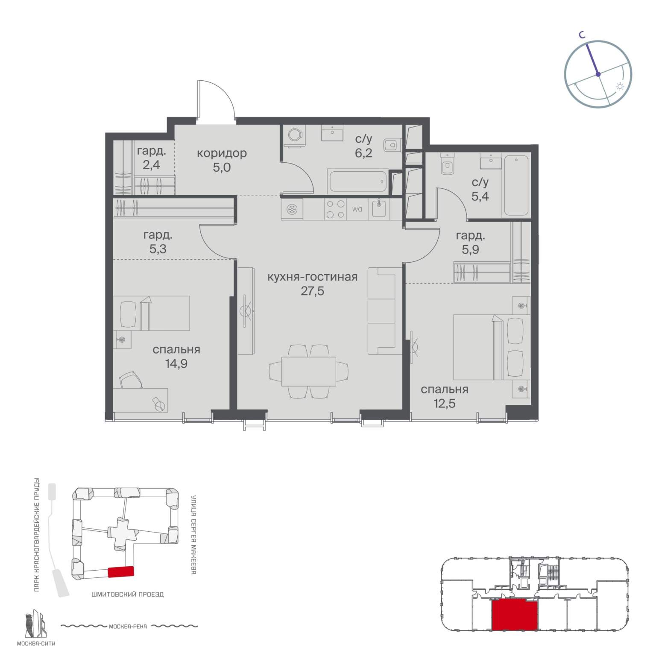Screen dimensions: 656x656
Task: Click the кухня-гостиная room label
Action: (312, 277)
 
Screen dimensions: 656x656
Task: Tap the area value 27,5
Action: (312, 291)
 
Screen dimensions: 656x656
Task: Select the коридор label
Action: (222, 153)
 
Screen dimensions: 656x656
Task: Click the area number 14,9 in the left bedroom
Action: (176, 364)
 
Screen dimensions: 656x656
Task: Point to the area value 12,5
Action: (444, 403)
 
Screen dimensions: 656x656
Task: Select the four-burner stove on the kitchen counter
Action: (335, 210)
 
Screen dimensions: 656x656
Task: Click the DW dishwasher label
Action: (357, 210)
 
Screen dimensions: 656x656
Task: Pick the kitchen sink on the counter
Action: (379, 209)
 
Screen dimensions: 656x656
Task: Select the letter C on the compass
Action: (581, 36)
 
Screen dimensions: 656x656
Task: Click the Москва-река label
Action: (128, 627)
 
